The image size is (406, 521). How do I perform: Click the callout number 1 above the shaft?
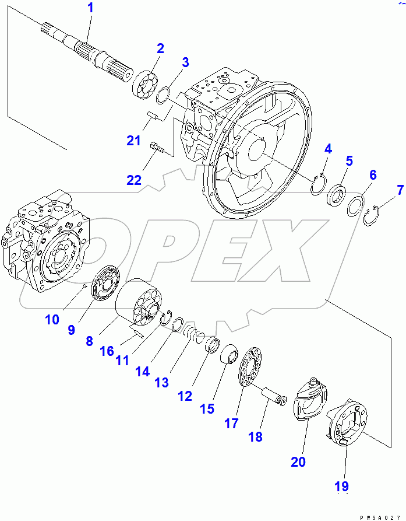(x=90, y=9)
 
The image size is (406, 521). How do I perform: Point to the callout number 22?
(x=134, y=180)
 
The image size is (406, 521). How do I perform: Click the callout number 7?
(x=400, y=190)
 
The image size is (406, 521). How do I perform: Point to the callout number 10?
(x=52, y=319)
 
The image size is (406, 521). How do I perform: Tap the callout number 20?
(x=298, y=461)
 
